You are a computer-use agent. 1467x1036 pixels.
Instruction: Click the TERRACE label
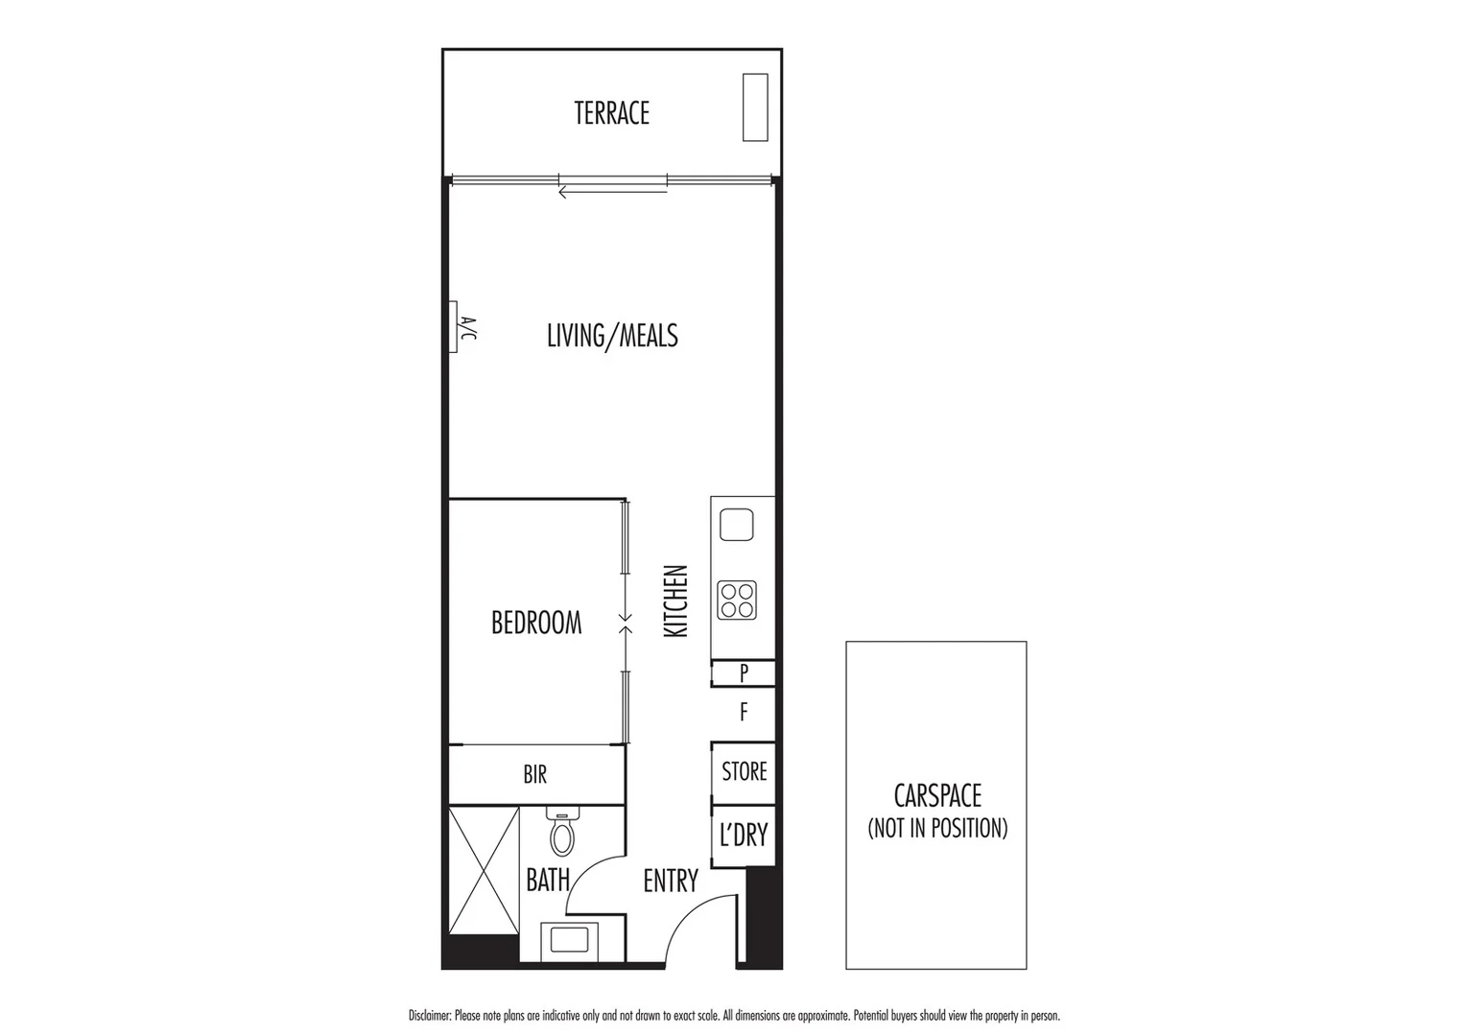point(611,113)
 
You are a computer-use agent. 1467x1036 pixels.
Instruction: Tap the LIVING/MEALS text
point(612,336)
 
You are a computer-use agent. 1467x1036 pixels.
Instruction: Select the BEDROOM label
point(536,623)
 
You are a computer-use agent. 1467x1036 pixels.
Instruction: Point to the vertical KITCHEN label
point(676,601)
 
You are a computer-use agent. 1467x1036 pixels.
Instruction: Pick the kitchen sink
point(736,525)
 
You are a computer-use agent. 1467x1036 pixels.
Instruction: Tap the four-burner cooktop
point(737,600)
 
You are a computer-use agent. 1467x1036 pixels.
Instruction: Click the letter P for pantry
point(744,673)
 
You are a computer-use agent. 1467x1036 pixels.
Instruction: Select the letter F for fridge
point(744,713)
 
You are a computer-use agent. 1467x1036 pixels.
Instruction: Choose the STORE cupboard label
point(745,771)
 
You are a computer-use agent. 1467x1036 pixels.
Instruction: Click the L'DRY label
point(744,836)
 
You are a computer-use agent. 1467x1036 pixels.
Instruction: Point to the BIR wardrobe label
point(535,774)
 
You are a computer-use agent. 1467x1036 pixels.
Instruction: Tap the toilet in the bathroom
point(562,833)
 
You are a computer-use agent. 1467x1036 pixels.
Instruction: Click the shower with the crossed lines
point(484,870)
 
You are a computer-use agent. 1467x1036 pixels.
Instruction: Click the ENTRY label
point(671,881)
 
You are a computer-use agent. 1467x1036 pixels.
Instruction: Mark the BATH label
point(548,880)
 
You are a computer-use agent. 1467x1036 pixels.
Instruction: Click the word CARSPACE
point(937,796)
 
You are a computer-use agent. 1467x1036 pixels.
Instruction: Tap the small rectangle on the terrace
point(755,107)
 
